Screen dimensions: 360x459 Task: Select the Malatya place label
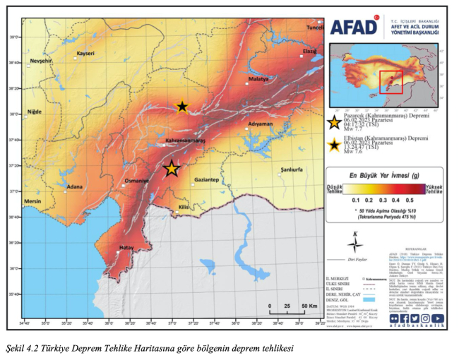click(x=258, y=79)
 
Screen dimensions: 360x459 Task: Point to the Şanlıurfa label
click(x=291, y=170)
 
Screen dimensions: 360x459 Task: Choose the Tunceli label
click(x=314, y=28)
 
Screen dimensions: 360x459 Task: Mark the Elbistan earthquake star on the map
click(x=182, y=107)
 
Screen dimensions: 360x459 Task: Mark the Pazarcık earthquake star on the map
click(x=172, y=169)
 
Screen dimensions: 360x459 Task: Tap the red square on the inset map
click(x=391, y=82)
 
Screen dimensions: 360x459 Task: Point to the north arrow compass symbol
click(x=357, y=244)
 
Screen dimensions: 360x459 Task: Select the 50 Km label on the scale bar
click(x=309, y=305)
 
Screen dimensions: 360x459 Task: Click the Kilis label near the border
click(x=183, y=207)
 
